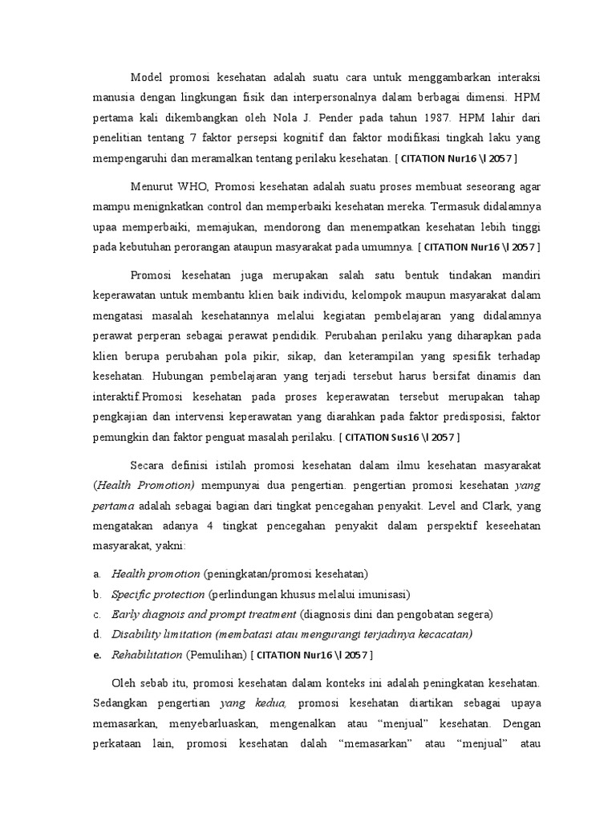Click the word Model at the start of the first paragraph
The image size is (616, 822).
146,77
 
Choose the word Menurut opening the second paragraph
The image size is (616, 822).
152,186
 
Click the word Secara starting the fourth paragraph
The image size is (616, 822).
148,466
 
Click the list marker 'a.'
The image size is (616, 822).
96,574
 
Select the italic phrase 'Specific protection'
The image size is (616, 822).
157,594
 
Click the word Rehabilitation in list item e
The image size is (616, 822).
147,654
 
